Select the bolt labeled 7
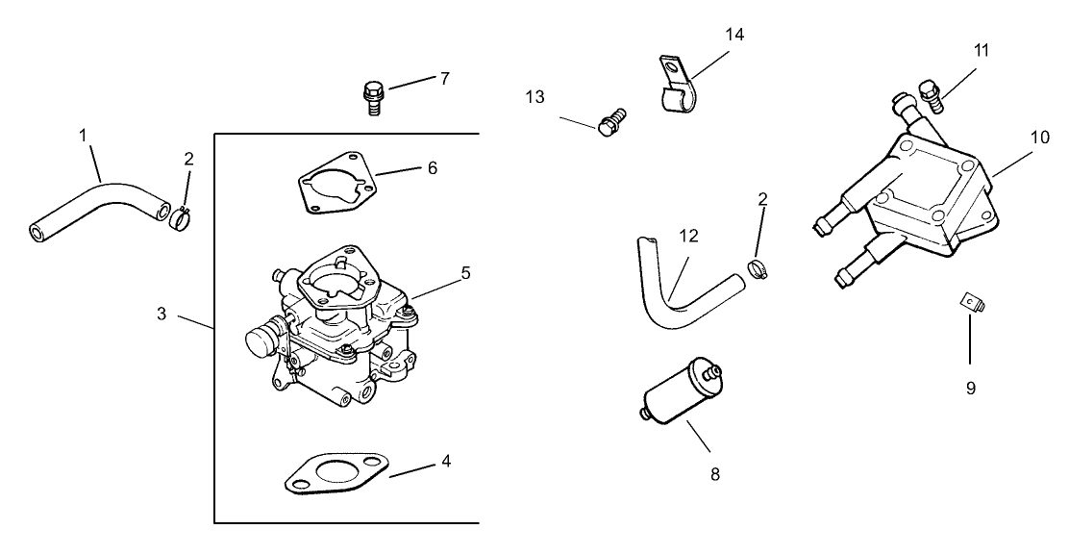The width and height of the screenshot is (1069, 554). (x=372, y=96)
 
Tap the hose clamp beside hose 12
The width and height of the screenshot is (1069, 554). (x=758, y=268)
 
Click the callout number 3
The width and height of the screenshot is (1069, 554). (x=162, y=315)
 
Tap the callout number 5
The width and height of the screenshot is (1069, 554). (x=465, y=273)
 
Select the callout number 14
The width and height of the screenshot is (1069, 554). (x=734, y=35)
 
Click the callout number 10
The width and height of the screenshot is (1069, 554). (x=1040, y=137)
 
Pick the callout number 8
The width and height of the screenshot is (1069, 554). (x=714, y=473)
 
